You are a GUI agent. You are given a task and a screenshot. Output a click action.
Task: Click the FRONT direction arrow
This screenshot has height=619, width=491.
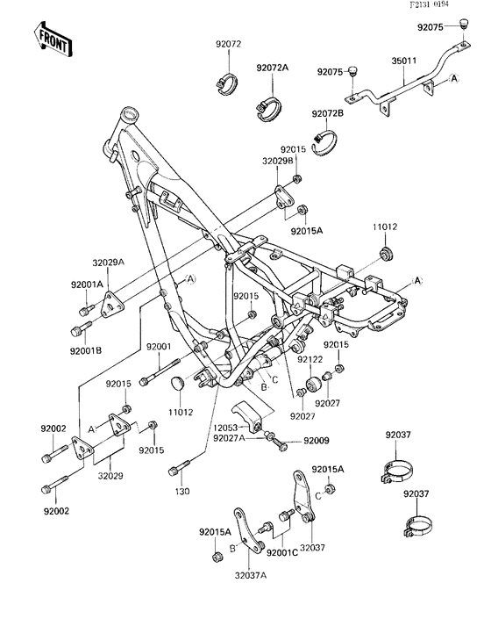tap(52, 38)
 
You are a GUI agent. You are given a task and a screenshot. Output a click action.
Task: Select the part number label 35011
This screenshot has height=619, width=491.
tap(404, 63)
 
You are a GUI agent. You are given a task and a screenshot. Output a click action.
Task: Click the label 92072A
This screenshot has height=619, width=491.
tap(272, 68)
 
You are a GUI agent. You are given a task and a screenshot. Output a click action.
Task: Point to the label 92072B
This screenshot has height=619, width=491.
tap(326, 113)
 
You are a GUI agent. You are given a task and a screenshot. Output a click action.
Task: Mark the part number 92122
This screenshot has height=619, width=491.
tap(332, 359)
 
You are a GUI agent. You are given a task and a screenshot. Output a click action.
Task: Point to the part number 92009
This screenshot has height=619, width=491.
tap(316, 441)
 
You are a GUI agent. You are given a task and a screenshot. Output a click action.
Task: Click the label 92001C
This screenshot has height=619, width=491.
tap(281, 552)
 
